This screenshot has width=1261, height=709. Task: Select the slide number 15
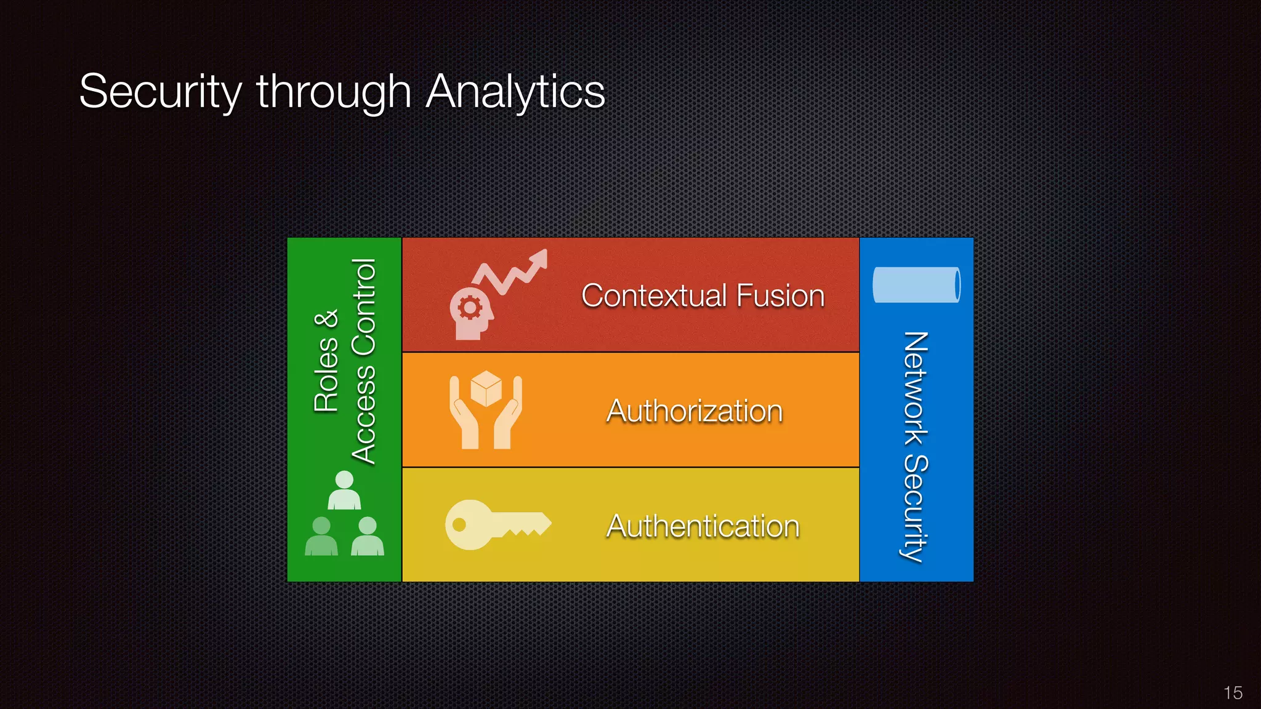click(x=1233, y=693)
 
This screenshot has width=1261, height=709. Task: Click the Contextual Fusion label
click(x=703, y=295)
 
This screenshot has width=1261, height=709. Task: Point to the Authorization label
click(x=695, y=411)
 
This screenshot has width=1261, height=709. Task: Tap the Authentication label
click(x=703, y=526)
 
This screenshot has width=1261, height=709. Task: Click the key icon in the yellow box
click(x=496, y=525)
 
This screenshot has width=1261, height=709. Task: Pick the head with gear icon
click(x=471, y=313)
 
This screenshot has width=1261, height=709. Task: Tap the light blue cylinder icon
click(x=916, y=285)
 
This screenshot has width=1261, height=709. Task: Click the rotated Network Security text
click(x=916, y=446)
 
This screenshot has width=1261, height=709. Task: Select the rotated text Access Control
click(x=363, y=361)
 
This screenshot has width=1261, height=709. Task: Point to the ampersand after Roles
click(x=326, y=319)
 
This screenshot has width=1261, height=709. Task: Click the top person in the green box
click(x=344, y=490)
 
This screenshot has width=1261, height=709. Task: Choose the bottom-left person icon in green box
click(x=321, y=537)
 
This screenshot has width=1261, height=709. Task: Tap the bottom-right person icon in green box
click(x=368, y=537)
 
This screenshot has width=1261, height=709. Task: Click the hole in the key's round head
click(x=459, y=524)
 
